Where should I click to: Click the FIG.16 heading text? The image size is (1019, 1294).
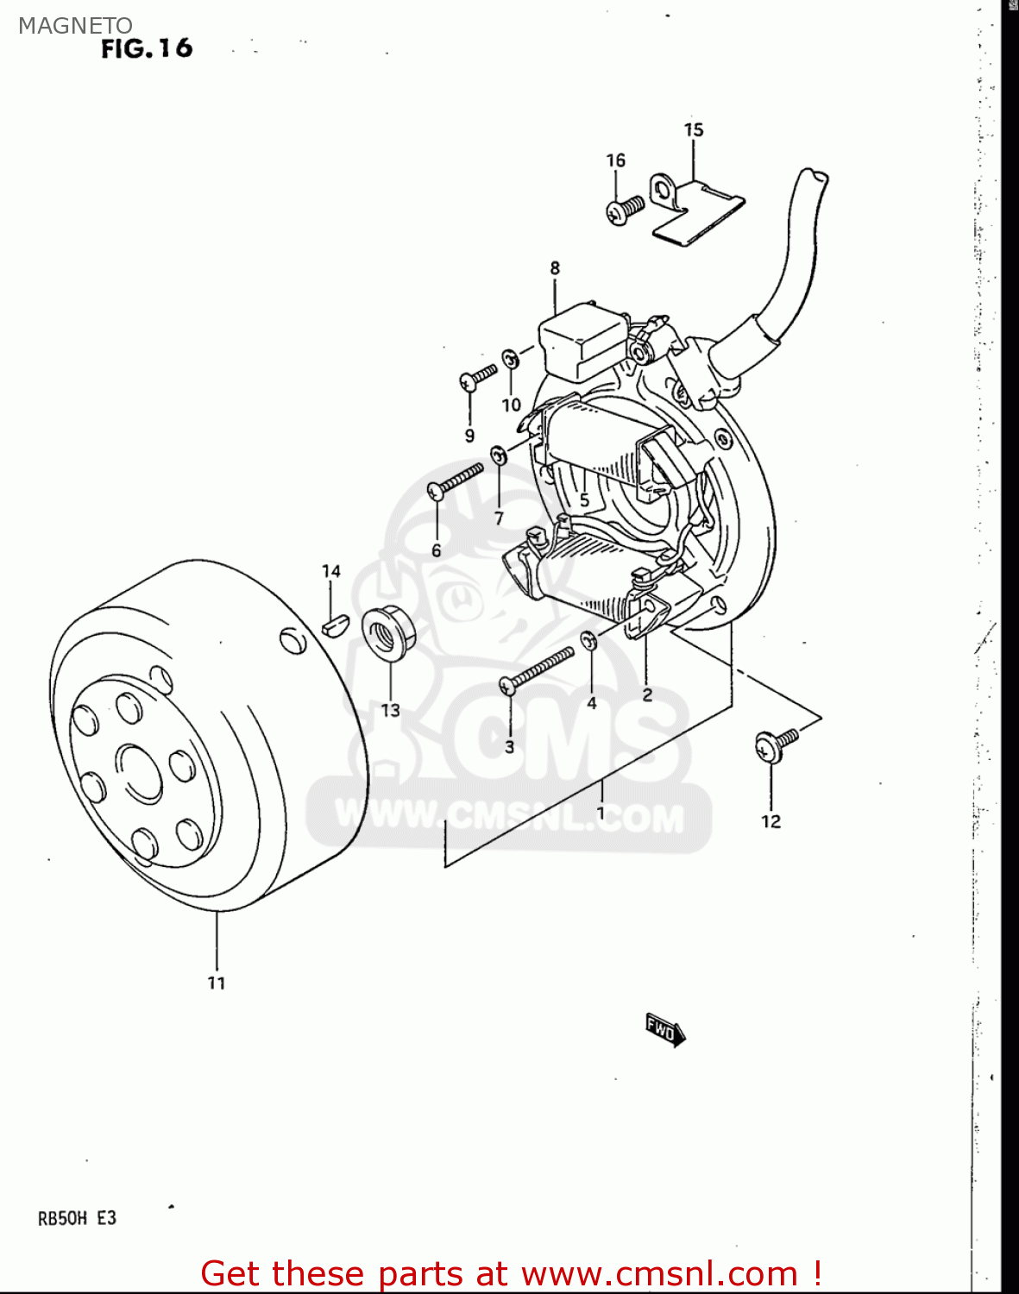tap(147, 48)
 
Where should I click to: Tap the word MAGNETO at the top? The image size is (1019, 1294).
tap(75, 26)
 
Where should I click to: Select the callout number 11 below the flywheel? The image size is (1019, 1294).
tap(217, 983)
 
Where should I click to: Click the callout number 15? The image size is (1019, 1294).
tap(694, 130)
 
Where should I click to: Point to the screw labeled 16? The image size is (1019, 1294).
tap(625, 210)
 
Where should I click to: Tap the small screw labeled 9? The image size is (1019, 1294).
tap(478, 376)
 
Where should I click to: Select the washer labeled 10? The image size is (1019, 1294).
tap(511, 358)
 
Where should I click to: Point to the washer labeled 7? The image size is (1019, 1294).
tap(499, 455)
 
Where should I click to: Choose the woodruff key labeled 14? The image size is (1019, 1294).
tap(334, 623)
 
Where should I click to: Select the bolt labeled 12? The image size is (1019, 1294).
tap(773, 744)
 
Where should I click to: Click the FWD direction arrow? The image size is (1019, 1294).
tap(664, 1028)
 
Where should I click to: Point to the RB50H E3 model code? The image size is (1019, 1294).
tap(77, 1218)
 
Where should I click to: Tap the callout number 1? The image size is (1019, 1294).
tap(601, 812)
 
